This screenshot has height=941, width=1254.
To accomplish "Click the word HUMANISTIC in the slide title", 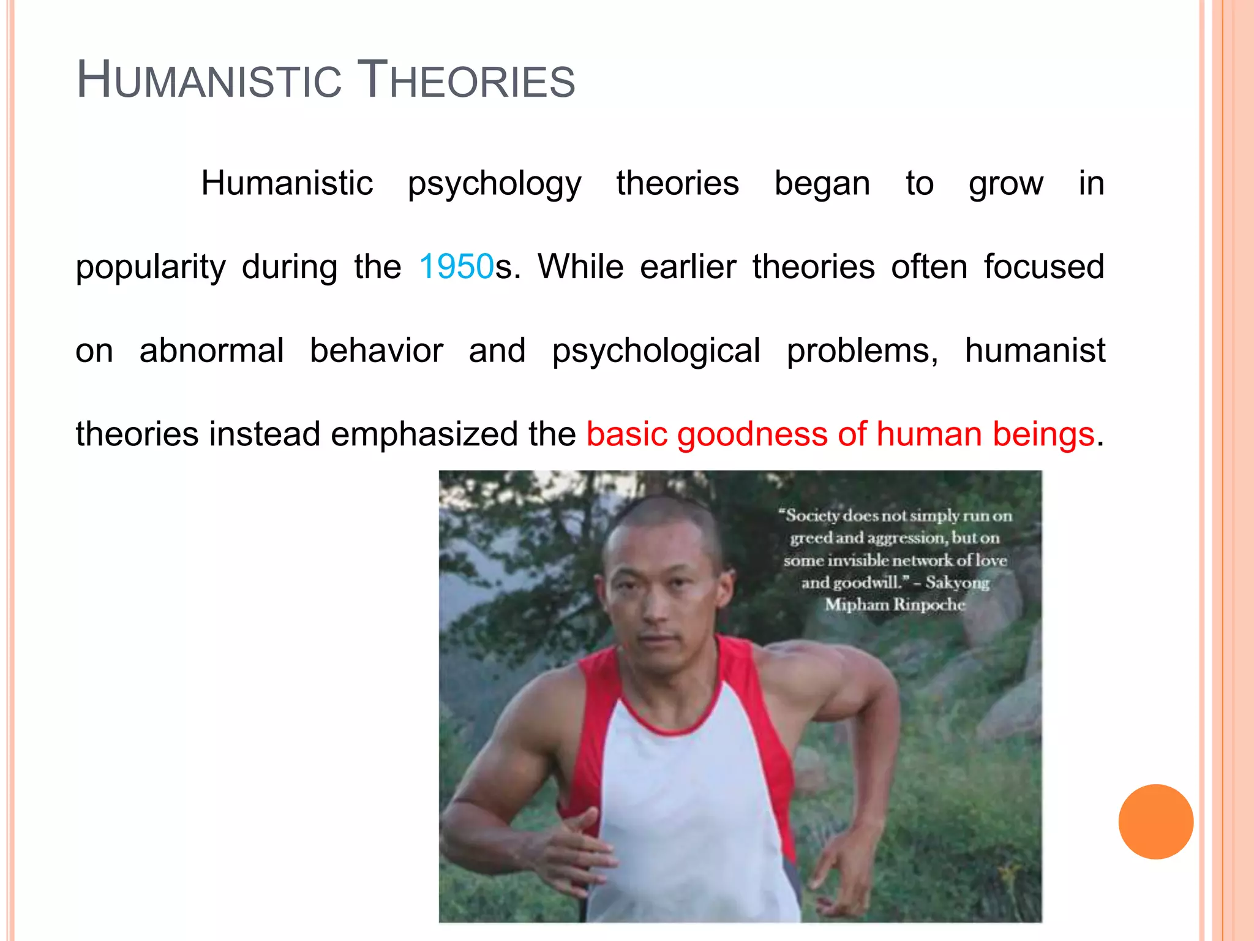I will click(209, 81).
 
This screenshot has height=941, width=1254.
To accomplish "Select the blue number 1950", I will click(456, 267).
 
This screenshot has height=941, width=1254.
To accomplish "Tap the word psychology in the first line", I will click(494, 184).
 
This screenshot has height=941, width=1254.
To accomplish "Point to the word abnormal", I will click(211, 350).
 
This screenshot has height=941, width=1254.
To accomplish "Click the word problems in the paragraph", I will click(862, 350).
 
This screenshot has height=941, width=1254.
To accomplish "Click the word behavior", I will click(376, 350).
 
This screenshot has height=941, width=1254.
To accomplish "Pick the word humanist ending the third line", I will click(1035, 350).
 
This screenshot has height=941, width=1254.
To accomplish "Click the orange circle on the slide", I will click(1155, 822).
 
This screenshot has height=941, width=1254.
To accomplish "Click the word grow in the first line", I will click(1006, 184).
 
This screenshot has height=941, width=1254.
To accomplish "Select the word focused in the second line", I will click(1044, 267).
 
